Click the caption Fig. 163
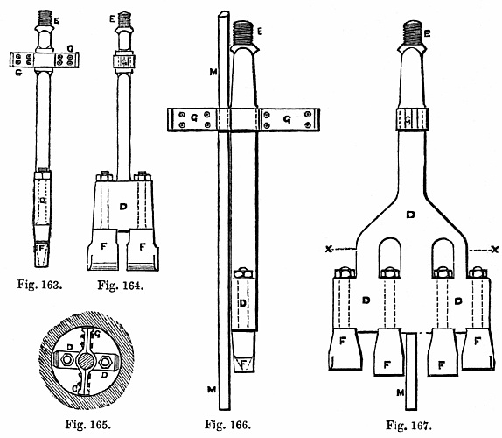(39, 285)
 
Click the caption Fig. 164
(121, 285)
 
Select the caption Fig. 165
(88, 424)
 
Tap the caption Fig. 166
(227, 425)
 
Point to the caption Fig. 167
(408, 425)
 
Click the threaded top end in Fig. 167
(412, 32)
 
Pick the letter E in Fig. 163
(56, 21)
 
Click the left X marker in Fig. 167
(328, 249)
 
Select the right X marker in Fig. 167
(495, 249)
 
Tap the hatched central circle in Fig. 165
(86, 361)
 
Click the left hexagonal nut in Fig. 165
(67, 360)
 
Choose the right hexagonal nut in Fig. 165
(104, 362)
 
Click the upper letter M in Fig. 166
(213, 72)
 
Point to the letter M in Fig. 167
(401, 392)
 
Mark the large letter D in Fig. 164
(123, 207)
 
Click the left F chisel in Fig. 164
(103, 250)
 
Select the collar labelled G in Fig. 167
(412, 119)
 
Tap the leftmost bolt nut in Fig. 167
(345, 272)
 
